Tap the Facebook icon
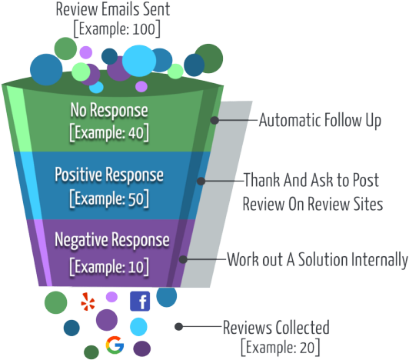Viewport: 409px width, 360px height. click(140, 301)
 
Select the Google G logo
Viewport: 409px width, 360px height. click(115, 345)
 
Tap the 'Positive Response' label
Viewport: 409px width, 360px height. click(109, 175)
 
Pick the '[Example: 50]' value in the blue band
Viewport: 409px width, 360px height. click(108, 198)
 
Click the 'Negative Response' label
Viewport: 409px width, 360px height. click(111, 240)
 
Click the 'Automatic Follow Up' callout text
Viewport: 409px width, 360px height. click(319, 121)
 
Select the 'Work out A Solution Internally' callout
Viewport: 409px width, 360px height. click(317, 259)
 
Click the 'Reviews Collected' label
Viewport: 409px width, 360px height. click(275, 326)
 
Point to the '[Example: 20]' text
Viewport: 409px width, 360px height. click(278, 345)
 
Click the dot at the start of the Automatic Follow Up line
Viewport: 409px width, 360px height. click(217, 121)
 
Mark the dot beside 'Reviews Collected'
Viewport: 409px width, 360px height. click(178, 326)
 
